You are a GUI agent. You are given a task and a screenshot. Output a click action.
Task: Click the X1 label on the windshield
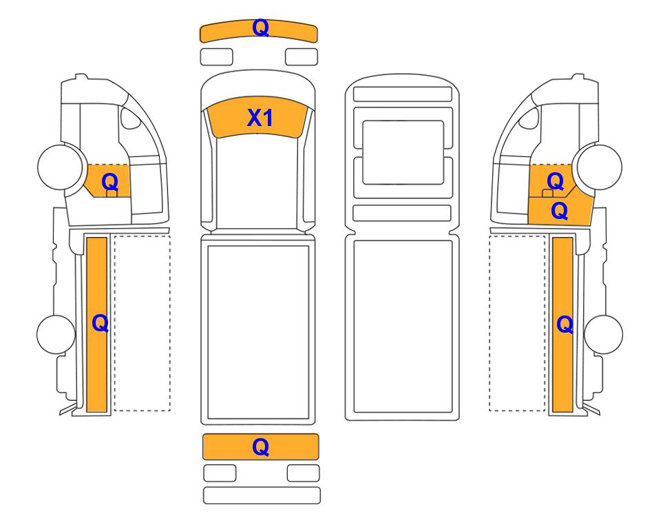(x=260, y=118)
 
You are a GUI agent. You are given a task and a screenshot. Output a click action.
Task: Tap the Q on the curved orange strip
(x=260, y=28)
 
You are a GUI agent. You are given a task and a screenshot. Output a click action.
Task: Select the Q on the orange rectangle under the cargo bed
(x=260, y=447)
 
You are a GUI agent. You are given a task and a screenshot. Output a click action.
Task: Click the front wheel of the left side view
(x=60, y=165)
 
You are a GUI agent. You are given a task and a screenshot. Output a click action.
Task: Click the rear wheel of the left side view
(x=56, y=334)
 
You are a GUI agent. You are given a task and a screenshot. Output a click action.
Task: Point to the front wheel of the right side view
(x=600, y=167)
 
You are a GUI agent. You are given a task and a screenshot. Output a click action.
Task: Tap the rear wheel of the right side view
(x=603, y=334)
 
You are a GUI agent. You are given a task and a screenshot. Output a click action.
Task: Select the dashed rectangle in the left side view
(x=142, y=323)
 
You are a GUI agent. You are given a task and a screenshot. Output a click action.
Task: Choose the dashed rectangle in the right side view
(x=517, y=323)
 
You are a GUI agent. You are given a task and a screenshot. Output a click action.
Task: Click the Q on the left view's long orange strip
(x=101, y=324)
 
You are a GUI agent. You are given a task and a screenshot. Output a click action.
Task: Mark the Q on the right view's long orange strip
(x=565, y=325)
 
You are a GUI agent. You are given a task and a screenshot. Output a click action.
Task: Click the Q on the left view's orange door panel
(x=110, y=183)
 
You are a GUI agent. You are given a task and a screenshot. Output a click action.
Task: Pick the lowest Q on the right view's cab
(x=560, y=211)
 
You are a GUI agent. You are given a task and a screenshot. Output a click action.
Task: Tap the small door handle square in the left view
(x=112, y=194)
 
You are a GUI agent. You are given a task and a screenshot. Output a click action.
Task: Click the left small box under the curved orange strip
(x=216, y=56)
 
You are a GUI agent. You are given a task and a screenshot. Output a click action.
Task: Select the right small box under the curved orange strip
(x=302, y=56)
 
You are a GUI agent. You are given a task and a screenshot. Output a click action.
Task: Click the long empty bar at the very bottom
(x=262, y=495)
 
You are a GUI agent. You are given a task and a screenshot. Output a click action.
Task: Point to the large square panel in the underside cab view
(x=403, y=152)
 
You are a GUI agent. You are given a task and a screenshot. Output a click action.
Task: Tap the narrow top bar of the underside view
(x=403, y=94)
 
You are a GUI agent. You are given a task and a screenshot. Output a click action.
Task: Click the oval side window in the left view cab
(x=130, y=118)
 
